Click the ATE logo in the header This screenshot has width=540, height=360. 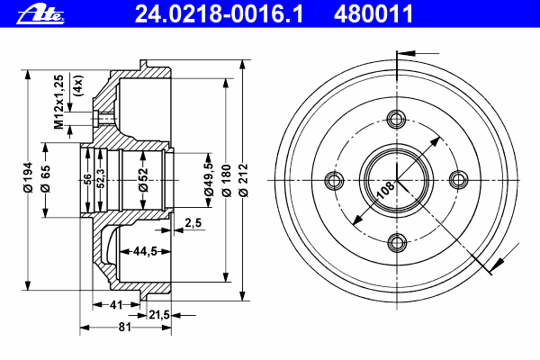pos(40,15)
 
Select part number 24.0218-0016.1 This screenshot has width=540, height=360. pos(219,14)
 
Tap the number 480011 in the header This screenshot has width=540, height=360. pos(373,14)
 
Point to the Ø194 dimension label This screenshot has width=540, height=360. pos(28,177)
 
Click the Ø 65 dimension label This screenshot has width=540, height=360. pos(46,178)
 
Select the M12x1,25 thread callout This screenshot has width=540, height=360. pos(59,102)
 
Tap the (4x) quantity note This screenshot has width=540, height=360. pos(78,85)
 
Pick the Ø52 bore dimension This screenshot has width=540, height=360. pos(143,179)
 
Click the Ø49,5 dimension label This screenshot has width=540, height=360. pos(209,178)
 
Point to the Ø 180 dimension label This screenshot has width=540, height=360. pos(226,180)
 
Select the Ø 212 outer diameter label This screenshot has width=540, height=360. pos(244,180)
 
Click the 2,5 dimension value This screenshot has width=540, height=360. pos(193,223)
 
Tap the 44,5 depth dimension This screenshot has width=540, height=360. pos(145,251)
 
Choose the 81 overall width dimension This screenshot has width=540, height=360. pos(125,327)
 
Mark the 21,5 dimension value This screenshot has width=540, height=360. pos(159,314)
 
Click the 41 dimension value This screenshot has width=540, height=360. pos(116,304)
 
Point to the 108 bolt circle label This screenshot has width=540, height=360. pos(386,191)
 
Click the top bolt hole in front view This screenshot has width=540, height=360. pos(396,119)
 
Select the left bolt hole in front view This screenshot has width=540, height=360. pos(335,180)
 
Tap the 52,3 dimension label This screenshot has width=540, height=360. pos(100,178)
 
